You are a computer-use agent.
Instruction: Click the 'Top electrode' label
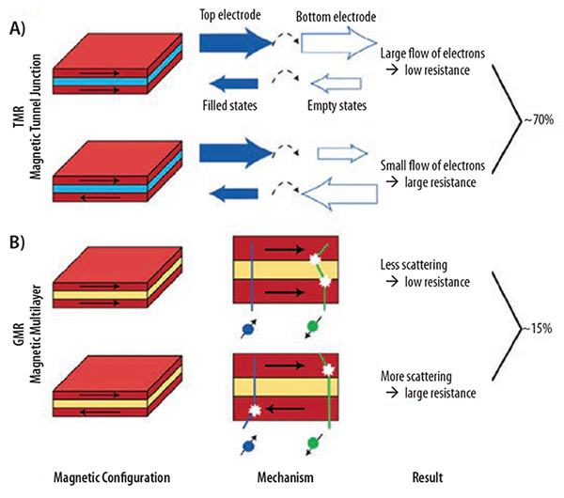pyautogui.click(x=237, y=16)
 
